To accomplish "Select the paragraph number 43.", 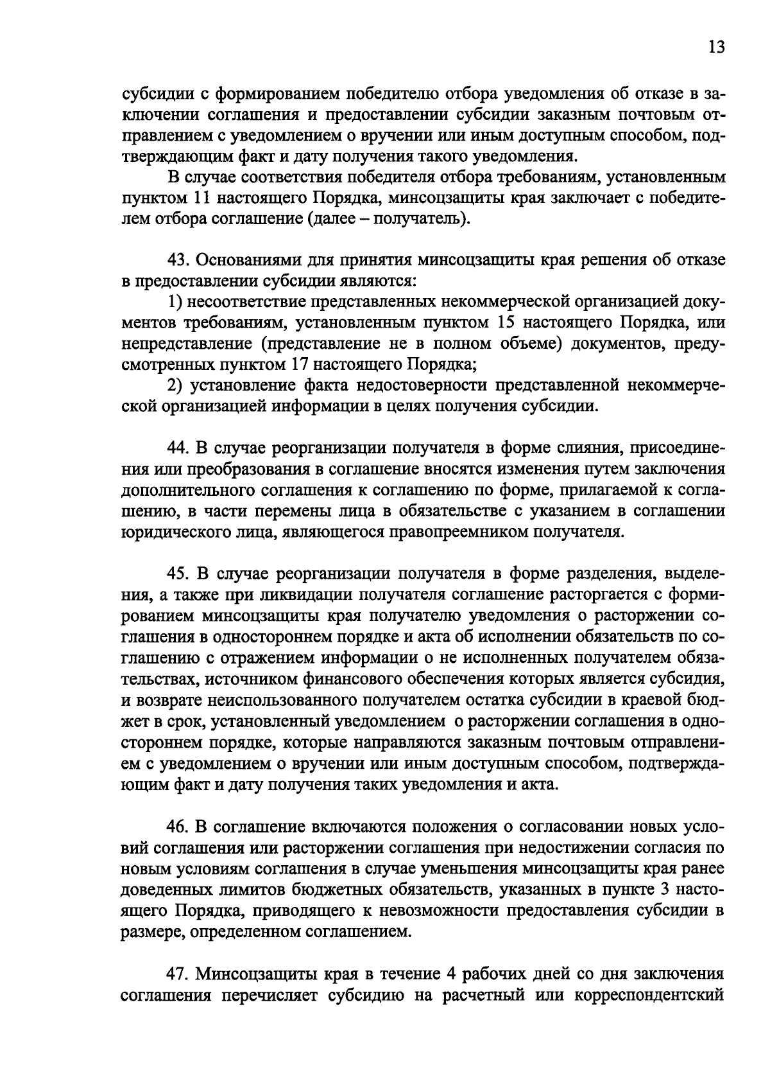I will coord(176,260).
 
